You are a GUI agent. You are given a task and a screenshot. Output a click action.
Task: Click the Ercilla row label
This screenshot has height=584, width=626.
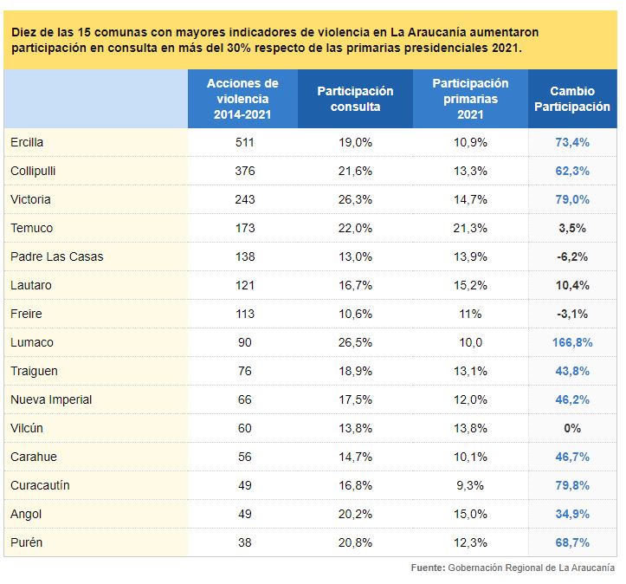(x=27, y=142)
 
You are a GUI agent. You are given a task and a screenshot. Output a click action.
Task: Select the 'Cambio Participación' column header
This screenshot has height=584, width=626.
(x=572, y=99)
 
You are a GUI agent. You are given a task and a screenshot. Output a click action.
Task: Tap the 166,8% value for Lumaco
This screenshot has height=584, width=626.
(x=572, y=342)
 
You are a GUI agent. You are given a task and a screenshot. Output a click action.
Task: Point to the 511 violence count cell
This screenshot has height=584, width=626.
(x=244, y=142)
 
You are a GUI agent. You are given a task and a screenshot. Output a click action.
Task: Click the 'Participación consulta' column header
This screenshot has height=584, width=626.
(x=355, y=99)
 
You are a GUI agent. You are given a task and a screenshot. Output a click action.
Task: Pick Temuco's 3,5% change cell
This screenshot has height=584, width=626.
(x=572, y=228)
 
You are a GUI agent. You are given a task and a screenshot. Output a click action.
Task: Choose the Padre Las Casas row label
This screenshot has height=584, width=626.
(x=56, y=256)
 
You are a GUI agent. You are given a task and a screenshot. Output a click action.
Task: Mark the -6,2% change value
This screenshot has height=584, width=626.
(x=572, y=256)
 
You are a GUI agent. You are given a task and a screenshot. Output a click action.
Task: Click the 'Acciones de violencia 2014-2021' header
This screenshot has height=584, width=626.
(x=242, y=99)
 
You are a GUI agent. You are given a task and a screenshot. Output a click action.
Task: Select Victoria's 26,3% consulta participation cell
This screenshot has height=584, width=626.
(x=355, y=199)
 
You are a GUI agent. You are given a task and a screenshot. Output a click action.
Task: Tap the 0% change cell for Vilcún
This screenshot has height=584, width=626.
(x=572, y=428)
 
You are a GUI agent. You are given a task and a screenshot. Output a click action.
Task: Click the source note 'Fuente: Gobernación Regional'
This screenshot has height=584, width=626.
(x=513, y=568)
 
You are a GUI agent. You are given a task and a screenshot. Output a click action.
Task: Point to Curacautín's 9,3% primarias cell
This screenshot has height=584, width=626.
(x=470, y=485)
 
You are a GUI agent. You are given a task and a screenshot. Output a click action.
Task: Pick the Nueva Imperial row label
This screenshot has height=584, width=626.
(x=51, y=399)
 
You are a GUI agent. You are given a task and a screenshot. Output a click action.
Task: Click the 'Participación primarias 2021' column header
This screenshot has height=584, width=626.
(x=470, y=99)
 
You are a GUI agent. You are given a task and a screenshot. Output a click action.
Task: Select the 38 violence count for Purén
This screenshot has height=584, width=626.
(x=244, y=542)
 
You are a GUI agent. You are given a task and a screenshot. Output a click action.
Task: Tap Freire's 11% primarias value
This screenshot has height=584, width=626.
(x=470, y=314)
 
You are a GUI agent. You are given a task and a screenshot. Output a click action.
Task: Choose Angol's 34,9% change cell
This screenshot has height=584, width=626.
(x=572, y=514)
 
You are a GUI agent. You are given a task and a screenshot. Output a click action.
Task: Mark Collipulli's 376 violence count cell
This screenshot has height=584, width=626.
(x=244, y=171)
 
